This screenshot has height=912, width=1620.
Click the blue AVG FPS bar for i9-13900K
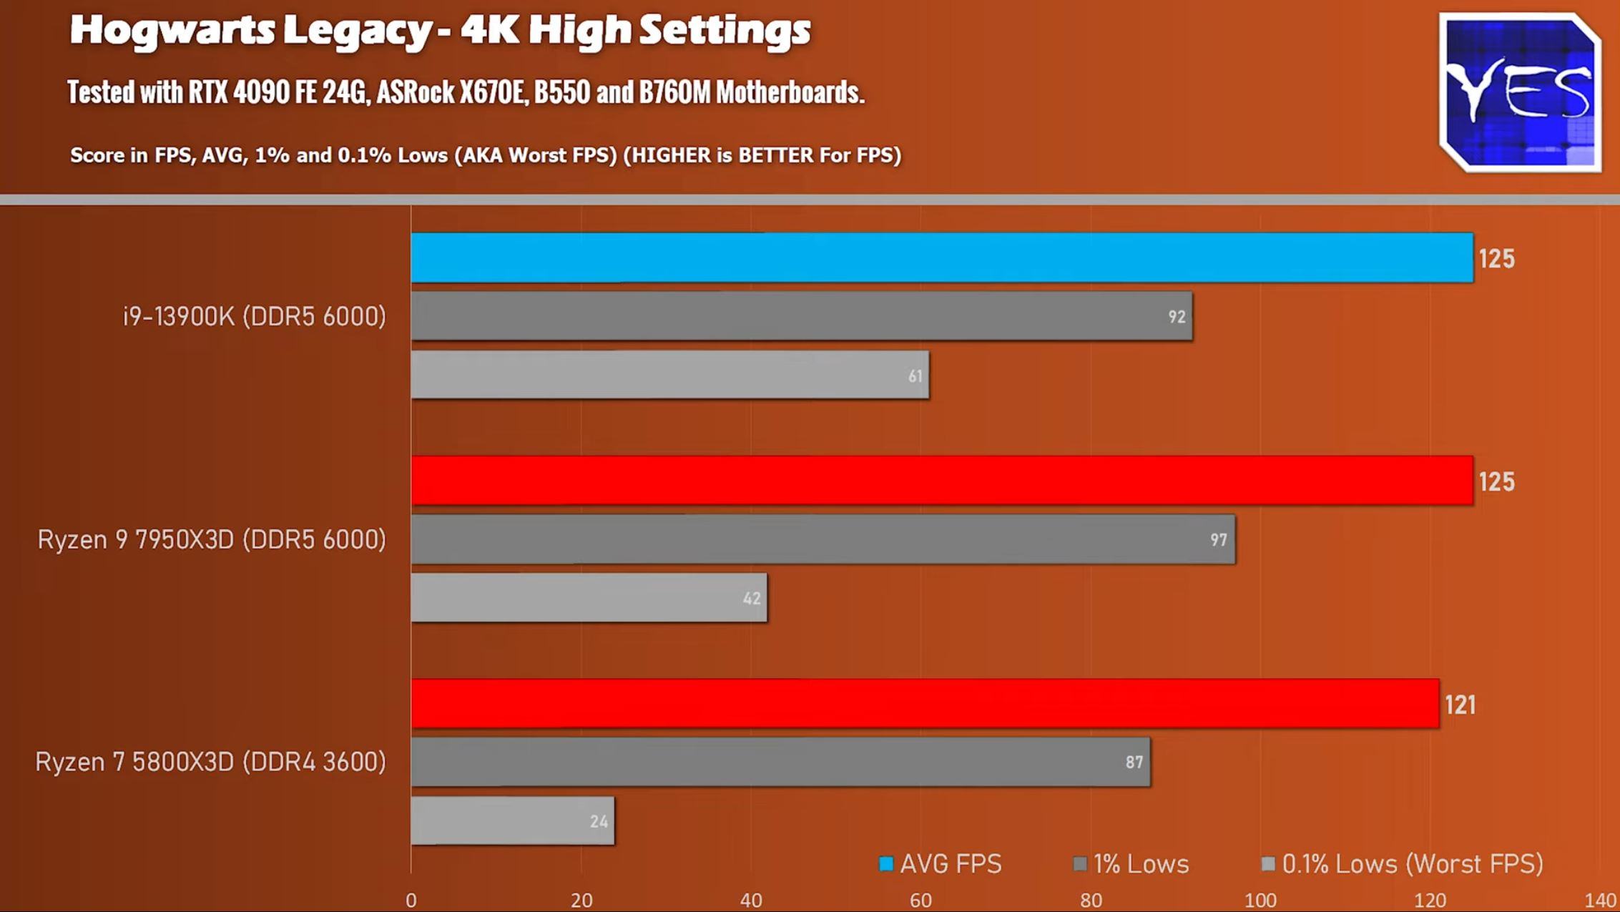(x=941, y=258)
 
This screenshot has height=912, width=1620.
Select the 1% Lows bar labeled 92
(x=801, y=316)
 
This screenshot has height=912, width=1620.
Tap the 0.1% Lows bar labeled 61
(x=669, y=375)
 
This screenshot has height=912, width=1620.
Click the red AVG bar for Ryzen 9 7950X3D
(x=941, y=481)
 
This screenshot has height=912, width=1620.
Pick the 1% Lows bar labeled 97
(x=823, y=539)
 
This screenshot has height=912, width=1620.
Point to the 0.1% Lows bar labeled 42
(x=589, y=598)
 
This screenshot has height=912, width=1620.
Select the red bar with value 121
(x=924, y=704)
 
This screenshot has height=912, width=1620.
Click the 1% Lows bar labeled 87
(x=780, y=763)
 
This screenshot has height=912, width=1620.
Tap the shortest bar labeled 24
(x=512, y=821)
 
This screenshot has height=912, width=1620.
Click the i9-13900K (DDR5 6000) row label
(x=255, y=316)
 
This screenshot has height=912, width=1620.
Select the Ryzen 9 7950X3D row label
(x=212, y=539)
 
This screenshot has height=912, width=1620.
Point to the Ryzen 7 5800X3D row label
(x=210, y=762)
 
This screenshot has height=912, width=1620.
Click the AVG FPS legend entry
(x=941, y=864)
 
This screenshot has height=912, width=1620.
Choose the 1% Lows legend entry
(x=1131, y=864)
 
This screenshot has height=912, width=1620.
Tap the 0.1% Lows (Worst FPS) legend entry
(x=1402, y=864)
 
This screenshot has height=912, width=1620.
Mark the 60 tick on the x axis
(x=921, y=901)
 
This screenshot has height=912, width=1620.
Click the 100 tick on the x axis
(x=1260, y=901)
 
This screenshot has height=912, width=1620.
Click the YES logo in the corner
(x=1521, y=92)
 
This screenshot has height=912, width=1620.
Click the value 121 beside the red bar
(x=1460, y=705)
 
